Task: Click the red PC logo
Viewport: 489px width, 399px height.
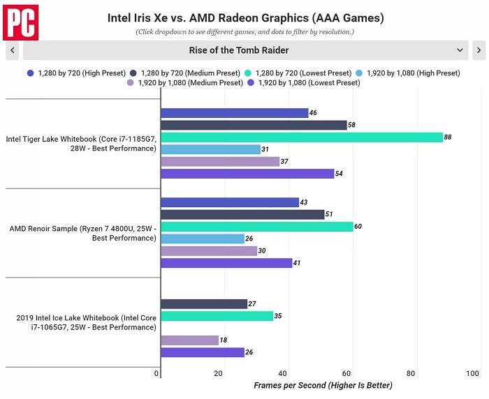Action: coord(20,22)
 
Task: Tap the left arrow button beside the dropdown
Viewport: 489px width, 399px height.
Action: coord(12,50)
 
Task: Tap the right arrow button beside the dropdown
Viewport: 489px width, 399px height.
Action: coord(479,50)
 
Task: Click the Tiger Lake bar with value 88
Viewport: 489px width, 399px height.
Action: coord(301,137)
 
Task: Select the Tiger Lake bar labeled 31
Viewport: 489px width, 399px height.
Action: coord(210,149)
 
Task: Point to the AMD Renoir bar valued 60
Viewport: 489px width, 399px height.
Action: coord(256,227)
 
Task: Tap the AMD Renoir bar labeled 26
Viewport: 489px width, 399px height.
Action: coord(202,239)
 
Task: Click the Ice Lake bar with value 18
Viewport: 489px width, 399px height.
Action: coord(189,340)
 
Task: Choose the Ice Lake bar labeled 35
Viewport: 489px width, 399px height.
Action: coord(217,316)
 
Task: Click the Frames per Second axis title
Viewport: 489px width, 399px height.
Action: coord(323,386)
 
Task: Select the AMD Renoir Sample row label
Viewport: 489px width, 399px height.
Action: coord(82,233)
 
